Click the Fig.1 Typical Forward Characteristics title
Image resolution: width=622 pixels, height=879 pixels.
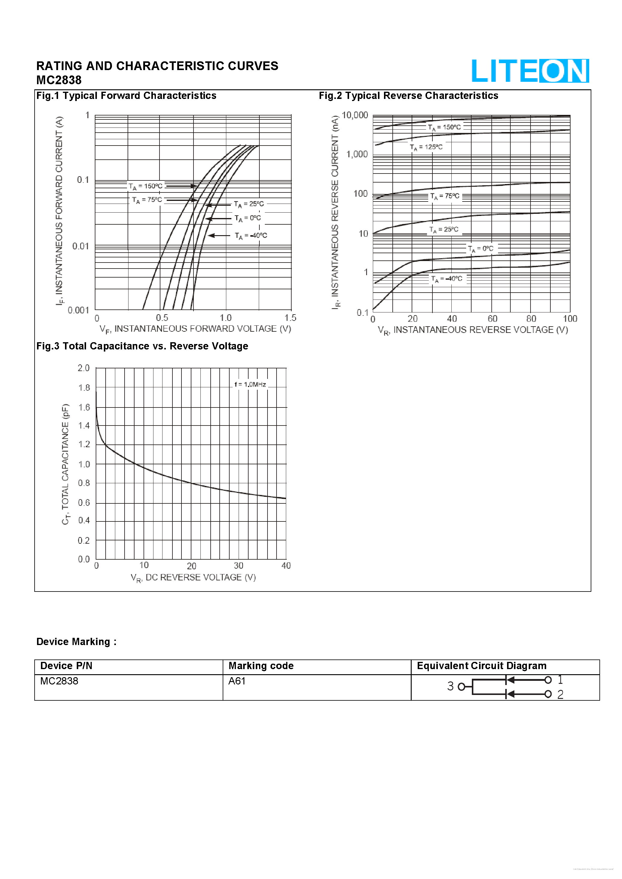[x=126, y=96]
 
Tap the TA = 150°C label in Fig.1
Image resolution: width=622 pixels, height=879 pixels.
[x=146, y=186]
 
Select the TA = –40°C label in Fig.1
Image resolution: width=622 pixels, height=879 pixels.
[x=251, y=236]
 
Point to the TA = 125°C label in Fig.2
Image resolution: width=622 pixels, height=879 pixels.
[x=426, y=147]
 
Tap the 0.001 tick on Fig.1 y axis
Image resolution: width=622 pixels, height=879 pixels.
[x=78, y=310]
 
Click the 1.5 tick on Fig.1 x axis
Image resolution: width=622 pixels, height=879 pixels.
[x=290, y=318]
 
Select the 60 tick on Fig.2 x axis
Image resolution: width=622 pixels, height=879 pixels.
[x=492, y=319]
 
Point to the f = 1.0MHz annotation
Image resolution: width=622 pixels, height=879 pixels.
[x=250, y=384]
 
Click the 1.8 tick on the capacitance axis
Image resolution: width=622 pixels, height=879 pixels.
[x=84, y=388]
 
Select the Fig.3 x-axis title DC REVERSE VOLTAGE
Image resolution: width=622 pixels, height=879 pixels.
[x=193, y=577]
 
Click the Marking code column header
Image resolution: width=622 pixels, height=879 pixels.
[x=261, y=666]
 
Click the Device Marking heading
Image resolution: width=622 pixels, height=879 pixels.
[x=76, y=642]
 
